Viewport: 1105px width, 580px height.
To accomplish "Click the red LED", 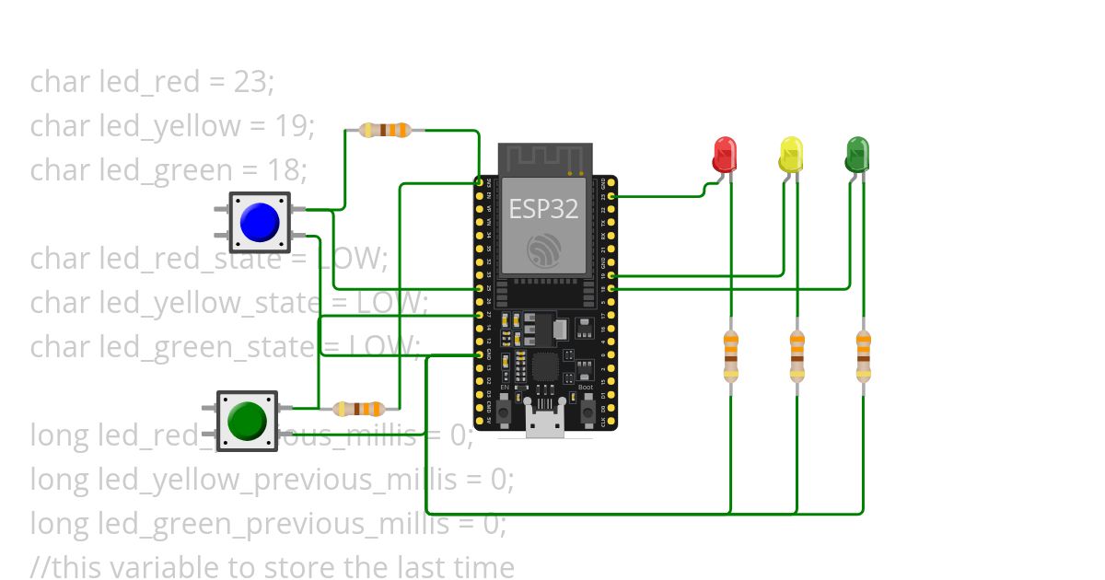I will pyautogui.click(x=725, y=154).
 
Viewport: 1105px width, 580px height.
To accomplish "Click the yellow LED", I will pyautogui.click(x=790, y=154).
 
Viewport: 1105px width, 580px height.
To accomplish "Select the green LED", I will pyautogui.click(x=856, y=154).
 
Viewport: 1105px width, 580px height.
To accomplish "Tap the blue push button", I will pyautogui.click(x=259, y=222).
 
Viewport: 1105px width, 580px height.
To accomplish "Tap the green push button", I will pyautogui.click(x=247, y=421).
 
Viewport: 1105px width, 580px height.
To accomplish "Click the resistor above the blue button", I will pyautogui.click(x=384, y=131).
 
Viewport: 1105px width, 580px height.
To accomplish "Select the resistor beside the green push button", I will pyautogui.click(x=358, y=409).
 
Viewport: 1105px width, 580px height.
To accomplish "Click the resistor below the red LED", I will pyautogui.click(x=730, y=356).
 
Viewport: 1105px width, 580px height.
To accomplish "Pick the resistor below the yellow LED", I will pyautogui.click(x=797, y=356).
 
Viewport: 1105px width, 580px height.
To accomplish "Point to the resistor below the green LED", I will pyautogui.click(x=863, y=356).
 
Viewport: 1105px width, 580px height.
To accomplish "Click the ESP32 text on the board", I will pyautogui.click(x=543, y=209).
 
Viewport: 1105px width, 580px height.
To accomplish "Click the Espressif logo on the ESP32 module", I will pyautogui.click(x=543, y=249).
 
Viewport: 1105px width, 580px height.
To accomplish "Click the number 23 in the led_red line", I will pyautogui.click(x=250, y=82).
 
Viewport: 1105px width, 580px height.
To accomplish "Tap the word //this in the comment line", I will pyautogui.click(x=62, y=567).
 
